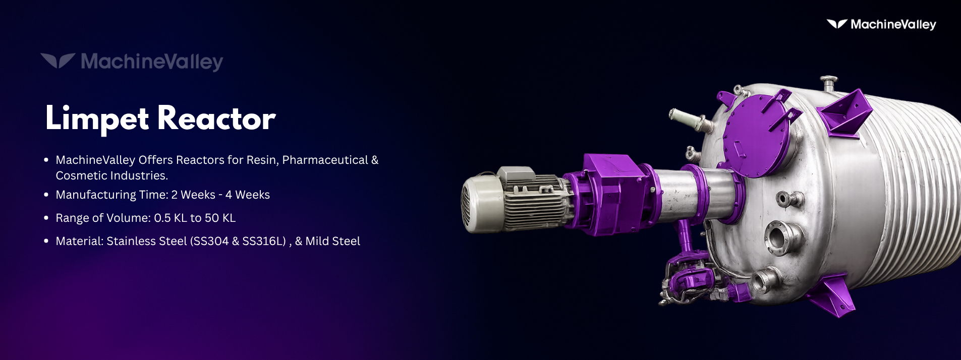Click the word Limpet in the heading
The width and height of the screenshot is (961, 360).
[x=97, y=119]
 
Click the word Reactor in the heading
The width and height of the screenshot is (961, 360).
[x=216, y=119]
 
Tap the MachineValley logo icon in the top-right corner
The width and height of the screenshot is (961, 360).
[x=836, y=24]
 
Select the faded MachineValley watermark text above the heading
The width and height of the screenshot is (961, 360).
[x=152, y=62]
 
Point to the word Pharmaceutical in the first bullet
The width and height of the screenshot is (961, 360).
[x=325, y=160]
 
